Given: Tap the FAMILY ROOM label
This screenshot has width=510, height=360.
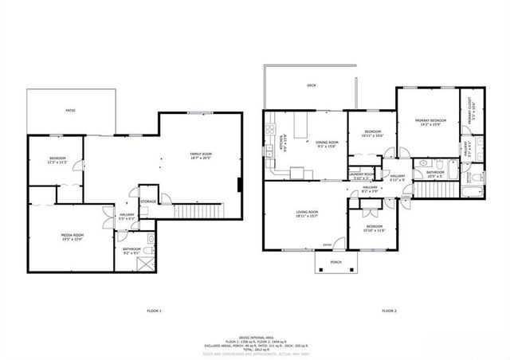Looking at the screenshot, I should (200, 154).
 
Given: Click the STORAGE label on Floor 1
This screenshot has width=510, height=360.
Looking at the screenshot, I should (149, 202).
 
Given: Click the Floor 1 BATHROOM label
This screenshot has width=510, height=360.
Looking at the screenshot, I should (131, 248).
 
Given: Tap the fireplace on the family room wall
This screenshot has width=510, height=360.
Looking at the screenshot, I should (241, 184).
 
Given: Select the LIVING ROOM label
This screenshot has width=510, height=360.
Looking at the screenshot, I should (306, 212).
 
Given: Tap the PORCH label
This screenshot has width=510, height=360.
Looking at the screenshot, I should (335, 260).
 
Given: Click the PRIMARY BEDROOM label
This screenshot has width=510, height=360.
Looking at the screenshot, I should (430, 121).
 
